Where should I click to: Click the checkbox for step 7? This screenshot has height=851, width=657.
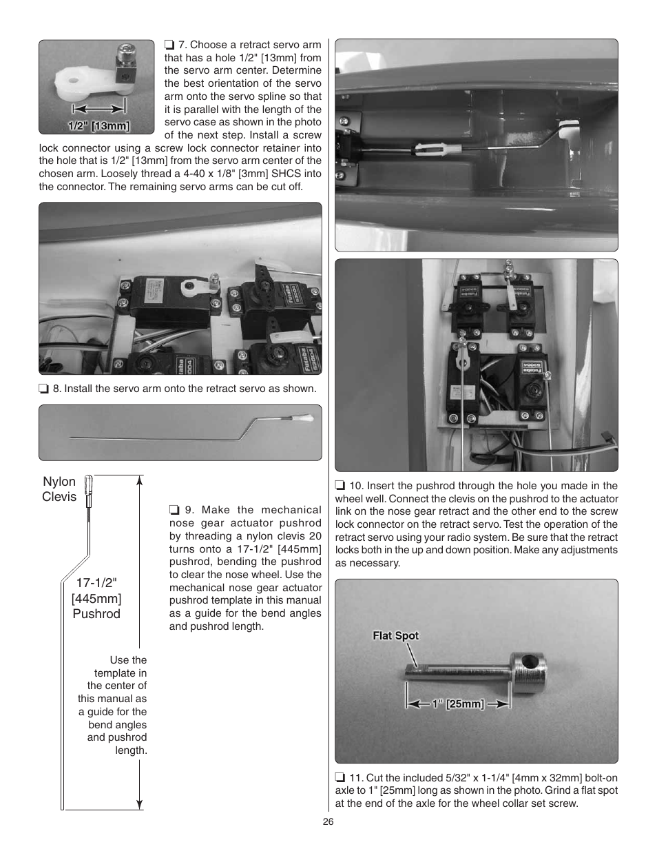(169, 45)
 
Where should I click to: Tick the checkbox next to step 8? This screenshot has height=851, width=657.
(43, 389)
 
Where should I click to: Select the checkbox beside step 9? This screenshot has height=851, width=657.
(174, 510)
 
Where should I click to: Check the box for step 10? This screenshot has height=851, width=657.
(340, 486)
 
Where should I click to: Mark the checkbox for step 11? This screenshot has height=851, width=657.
(340, 778)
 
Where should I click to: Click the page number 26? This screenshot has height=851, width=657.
(328, 822)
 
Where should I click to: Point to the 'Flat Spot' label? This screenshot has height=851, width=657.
(395, 635)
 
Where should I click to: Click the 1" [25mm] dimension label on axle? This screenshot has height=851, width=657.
(458, 704)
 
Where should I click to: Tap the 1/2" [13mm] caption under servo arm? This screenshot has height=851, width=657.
(98, 126)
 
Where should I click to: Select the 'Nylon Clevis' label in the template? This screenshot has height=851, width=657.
(59, 489)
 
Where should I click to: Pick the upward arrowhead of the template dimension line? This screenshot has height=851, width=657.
(140, 481)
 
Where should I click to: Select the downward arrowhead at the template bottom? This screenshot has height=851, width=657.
(140, 802)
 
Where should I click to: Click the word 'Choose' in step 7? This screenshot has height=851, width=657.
(207, 45)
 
